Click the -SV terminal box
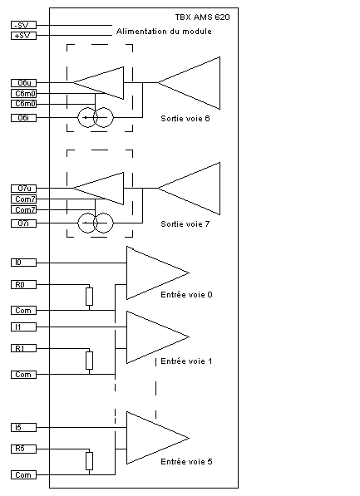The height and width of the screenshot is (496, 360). coord(24,25)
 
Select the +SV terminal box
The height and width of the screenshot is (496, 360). coord(24,36)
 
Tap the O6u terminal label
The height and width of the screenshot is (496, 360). coord(24,83)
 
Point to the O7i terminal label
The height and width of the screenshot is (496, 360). coord(24,223)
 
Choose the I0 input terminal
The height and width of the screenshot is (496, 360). coord(24,263)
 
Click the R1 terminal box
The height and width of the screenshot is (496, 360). coord(24,348)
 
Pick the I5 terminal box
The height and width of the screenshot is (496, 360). coord(24,427)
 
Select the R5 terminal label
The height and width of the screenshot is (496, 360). coord(24,449)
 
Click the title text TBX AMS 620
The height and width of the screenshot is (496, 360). coord(203,17)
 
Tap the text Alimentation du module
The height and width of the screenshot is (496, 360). coord(164,32)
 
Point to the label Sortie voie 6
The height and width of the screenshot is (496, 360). coord(185,118)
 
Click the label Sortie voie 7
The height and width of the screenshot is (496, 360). coord(185,224)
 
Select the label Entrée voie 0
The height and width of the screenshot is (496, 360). coord(186,294)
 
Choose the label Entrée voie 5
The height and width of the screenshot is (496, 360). coord(186,461)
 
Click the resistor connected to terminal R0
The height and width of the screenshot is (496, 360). coord(89,297)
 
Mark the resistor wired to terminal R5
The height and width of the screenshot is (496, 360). coord(89,461)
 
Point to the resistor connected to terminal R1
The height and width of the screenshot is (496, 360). coord(89,361)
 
